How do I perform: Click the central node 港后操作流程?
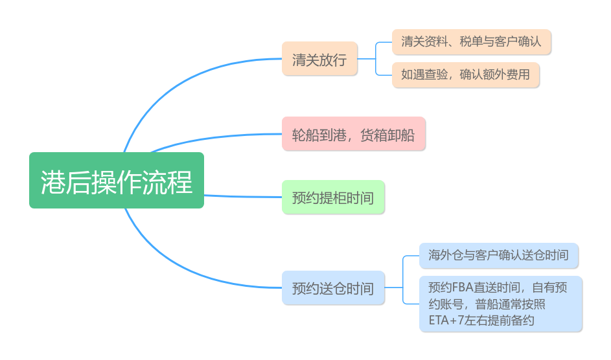click(x=117, y=181)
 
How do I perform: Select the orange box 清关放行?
click(x=319, y=59)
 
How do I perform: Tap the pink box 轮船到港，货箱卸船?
click(x=353, y=134)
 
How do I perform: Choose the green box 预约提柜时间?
click(x=333, y=197)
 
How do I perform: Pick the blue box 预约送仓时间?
click(x=333, y=288)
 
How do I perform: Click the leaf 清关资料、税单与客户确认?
click(x=471, y=42)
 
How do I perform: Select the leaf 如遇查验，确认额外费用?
click(x=465, y=74)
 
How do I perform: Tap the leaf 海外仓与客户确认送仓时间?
click(x=498, y=255)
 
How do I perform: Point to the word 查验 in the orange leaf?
click(x=440, y=74)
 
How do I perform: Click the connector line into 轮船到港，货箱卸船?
click(x=214, y=138)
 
